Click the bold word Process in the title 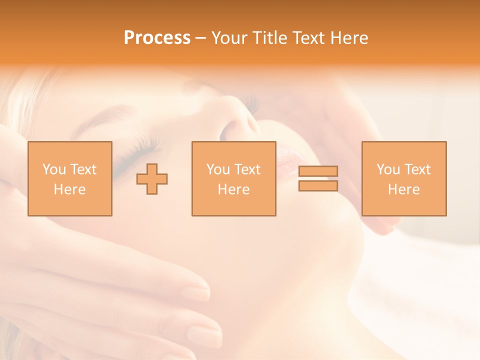click(157, 38)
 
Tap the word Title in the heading click(269, 38)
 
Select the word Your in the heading click(229, 38)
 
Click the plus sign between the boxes click(152, 178)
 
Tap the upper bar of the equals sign click(318, 171)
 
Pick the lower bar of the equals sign click(318, 185)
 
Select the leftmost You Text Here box click(69, 178)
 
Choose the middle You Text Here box click(233, 178)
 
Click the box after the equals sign click(403, 178)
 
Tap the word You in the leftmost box click(54, 169)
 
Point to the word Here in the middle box click(233, 189)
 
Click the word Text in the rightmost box click(416, 169)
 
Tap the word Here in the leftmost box click(69, 189)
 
